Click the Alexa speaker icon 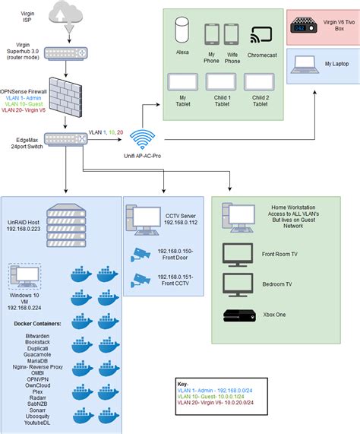click(x=182, y=33)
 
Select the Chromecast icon click(x=263, y=35)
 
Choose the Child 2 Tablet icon click(x=261, y=83)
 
